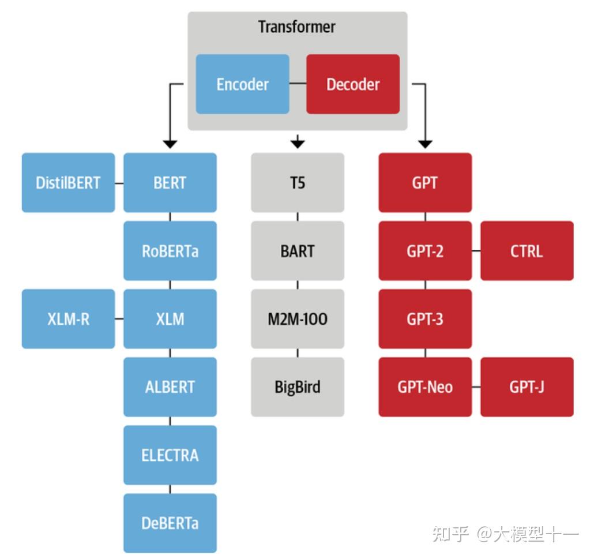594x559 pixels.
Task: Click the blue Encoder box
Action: click(242, 84)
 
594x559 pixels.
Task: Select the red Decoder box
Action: click(353, 84)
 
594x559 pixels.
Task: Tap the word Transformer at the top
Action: click(297, 27)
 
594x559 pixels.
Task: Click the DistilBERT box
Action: click(68, 183)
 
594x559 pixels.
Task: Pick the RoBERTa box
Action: click(170, 251)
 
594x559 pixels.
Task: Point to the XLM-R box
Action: click(68, 319)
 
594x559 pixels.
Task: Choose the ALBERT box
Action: click(170, 387)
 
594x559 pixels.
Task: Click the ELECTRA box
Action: click(170, 455)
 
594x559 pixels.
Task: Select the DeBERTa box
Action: click(170, 523)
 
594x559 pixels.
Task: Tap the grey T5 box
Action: click(298, 183)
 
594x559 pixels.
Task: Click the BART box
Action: click(298, 251)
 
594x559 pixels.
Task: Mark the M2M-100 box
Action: click(298, 319)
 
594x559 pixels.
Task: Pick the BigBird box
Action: click(298, 387)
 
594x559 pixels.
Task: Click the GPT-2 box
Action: click(425, 251)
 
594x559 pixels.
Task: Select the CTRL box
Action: click(527, 251)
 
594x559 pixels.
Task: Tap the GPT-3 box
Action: click(425, 319)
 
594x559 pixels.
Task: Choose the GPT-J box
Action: click(527, 387)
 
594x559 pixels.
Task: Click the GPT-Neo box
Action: click(425, 387)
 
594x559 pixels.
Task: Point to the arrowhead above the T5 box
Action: click(298, 142)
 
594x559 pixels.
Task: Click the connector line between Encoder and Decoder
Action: click(298, 84)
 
